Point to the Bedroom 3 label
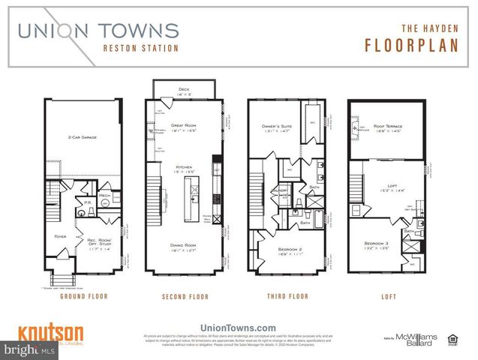pyautogui.click(x=377, y=243)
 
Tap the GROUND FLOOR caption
pyautogui.click(x=83, y=296)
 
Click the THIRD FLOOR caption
pyautogui.click(x=287, y=296)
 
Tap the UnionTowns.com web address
pyautogui.click(x=238, y=327)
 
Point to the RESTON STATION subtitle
pyautogui.click(x=141, y=49)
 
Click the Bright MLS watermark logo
pyautogui.click(x=28, y=350)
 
